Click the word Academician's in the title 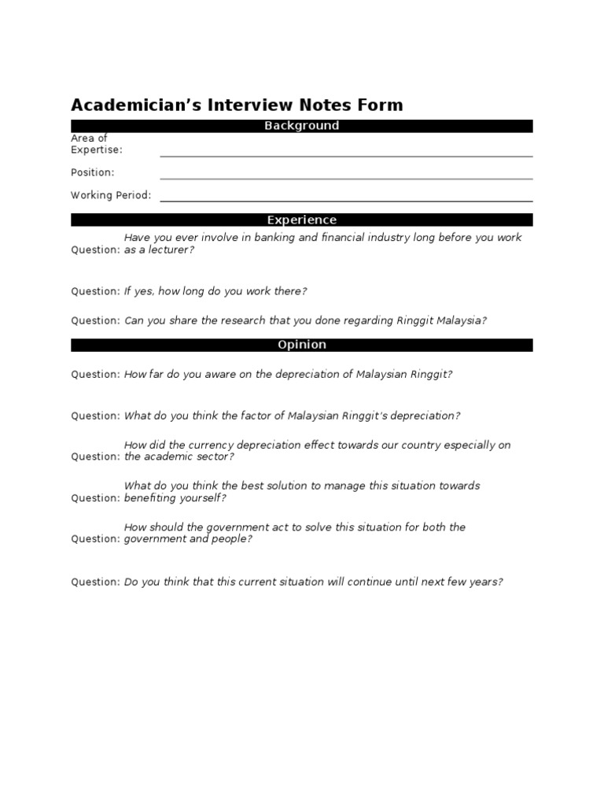(x=136, y=105)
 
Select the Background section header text (x=302, y=126)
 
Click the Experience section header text (x=302, y=220)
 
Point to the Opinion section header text (x=302, y=345)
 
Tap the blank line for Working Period (x=346, y=200)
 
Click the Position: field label (x=93, y=172)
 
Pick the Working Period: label (x=111, y=195)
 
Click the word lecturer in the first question (x=169, y=250)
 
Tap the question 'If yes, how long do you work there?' (x=215, y=291)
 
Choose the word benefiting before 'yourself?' (x=153, y=498)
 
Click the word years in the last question (x=484, y=582)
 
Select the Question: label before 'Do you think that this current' (x=96, y=582)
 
